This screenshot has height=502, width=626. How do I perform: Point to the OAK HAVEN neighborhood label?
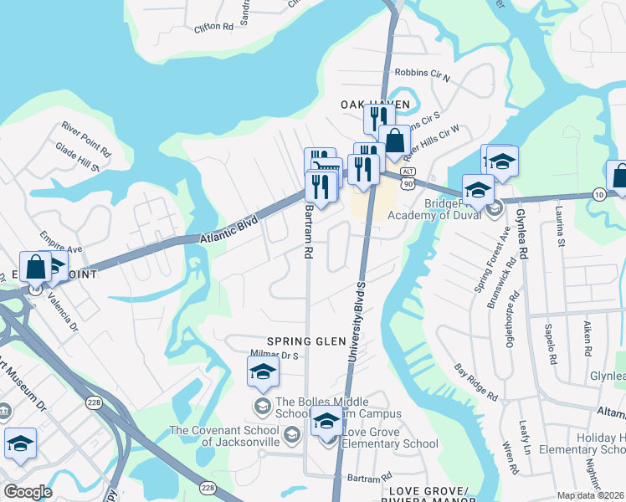click(375, 104)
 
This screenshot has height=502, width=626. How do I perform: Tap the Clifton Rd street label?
click(213, 27)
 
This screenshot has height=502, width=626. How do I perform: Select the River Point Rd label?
click(85, 139)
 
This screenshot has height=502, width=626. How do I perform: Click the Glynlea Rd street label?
click(524, 233)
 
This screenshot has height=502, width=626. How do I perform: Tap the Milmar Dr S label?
click(275, 355)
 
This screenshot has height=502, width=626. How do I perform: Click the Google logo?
click(28, 492)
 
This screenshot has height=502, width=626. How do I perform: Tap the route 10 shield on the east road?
click(598, 194)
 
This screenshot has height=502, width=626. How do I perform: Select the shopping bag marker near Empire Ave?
click(37, 268)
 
